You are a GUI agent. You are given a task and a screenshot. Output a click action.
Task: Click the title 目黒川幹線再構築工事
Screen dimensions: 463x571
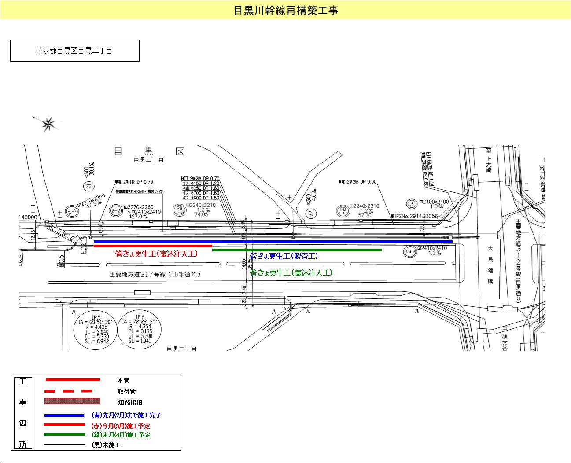tap(285, 10)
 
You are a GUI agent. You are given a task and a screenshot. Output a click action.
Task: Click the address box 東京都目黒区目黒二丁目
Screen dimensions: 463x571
tap(74, 51)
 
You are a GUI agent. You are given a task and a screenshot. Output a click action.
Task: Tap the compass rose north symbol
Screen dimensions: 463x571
tap(48, 124)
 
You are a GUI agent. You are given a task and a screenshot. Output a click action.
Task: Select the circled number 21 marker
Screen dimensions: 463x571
tap(89, 186)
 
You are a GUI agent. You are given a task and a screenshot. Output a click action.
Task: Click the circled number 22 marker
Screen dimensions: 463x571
tap(311, 213)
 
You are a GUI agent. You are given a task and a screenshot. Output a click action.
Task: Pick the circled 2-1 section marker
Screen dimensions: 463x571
tap(71, 212)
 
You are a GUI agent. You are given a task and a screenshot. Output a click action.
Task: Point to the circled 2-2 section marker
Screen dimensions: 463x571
tap(115, 211)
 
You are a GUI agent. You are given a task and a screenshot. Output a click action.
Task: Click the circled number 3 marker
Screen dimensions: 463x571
tap(412, 204)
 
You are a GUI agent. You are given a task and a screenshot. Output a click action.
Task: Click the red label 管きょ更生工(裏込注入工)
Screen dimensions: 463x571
tap(156, 254)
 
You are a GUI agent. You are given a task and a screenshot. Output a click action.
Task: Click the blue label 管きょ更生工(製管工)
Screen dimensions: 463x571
tap(284, 256)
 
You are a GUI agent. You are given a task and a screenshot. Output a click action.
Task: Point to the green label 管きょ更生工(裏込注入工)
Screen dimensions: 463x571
tap(291, 273)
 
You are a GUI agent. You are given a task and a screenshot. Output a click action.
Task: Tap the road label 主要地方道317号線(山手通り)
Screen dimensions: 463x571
tap(155, 274)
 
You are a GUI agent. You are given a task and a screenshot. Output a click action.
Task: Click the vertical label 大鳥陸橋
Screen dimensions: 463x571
tap(490, 265)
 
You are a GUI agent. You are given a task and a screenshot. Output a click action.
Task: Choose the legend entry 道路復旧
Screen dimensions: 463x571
tap(130, 402)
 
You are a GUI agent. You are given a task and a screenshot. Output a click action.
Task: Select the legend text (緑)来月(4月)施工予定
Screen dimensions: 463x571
tap(121, 435)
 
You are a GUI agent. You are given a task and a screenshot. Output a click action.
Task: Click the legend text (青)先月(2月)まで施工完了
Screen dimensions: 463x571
tap(126, 415)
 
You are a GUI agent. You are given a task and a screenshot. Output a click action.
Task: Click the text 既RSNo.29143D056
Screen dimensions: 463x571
tap(414, 217)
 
